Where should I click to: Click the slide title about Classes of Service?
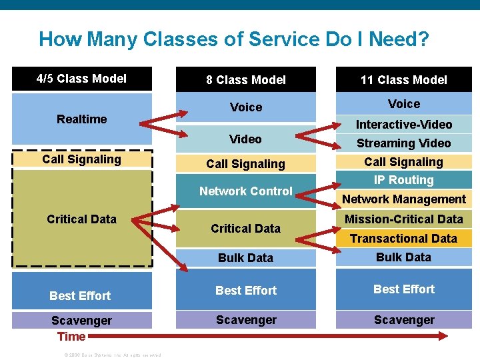233,39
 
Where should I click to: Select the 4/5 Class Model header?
81,79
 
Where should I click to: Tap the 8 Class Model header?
245,80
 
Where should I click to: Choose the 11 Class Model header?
403,80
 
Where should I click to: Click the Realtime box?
81,119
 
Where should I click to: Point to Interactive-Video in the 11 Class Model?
403,125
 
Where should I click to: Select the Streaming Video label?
403,143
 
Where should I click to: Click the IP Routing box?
403,180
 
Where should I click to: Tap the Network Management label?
403,199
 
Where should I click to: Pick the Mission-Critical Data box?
403,219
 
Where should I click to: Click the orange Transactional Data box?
403,239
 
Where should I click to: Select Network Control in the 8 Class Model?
245,191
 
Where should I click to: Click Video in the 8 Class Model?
245,139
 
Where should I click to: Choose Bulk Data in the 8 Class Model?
245,258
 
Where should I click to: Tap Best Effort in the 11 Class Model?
403,289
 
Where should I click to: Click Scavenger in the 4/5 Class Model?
81,321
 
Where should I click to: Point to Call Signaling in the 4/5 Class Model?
81,159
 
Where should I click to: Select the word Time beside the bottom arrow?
71,337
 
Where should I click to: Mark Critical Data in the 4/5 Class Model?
81,219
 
